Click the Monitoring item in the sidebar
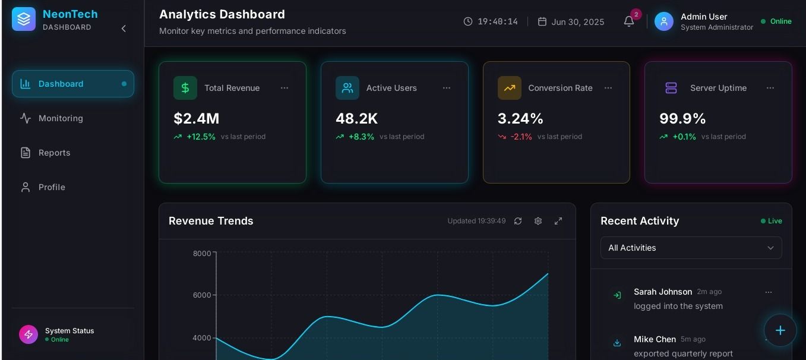pos(61,118)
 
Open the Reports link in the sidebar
pos(54,153)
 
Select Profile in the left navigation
pos(52,187)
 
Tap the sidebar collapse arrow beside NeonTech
pos(124,29)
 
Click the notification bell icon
pos(629,21)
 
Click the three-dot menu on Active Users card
pos(447,88)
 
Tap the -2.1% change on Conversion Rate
pos(521,137)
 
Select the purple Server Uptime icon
pos(671,88)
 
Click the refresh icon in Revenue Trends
pos(518,221)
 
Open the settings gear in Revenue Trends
pos(538,221)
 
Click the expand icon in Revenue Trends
pos(558,221)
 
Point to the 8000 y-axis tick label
pos(202,254)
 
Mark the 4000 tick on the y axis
pos(202,338)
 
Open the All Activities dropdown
pos(691,248)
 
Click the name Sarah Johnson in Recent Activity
pos(663,292)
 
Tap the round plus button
pos(780,330)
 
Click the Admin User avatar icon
pos(664,21)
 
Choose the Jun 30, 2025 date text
pos(578,22)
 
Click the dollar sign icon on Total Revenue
pos(185,88)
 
